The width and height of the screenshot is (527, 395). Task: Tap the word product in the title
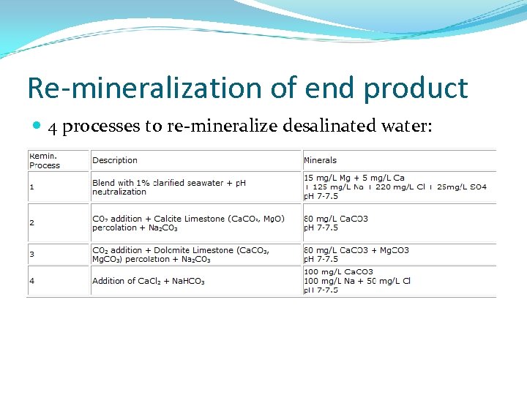click(415, 88)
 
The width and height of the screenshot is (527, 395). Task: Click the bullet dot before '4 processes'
click(37, 127)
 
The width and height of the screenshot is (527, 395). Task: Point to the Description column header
click(115, 160)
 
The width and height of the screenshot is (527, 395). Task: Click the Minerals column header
click(320, 160)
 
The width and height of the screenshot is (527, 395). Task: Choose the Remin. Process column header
click(45, 160)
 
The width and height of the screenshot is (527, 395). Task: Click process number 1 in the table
click(31, 187)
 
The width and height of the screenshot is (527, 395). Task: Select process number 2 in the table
click(31, 222)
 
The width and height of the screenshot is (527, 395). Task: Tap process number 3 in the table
click(31, 254)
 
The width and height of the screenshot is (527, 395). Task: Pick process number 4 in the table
click(31, 281)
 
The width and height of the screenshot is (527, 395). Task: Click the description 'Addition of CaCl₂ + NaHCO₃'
click(149, 281)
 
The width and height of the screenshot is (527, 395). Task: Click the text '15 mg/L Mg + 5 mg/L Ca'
click(354, 178)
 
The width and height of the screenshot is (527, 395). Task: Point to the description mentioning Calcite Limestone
click(188, 222)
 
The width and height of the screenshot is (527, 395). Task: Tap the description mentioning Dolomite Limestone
click(181, 254)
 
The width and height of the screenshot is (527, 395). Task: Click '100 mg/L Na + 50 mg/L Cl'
click(357, 281)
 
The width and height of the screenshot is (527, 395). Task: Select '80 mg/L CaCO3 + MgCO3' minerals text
click(356, 250)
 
